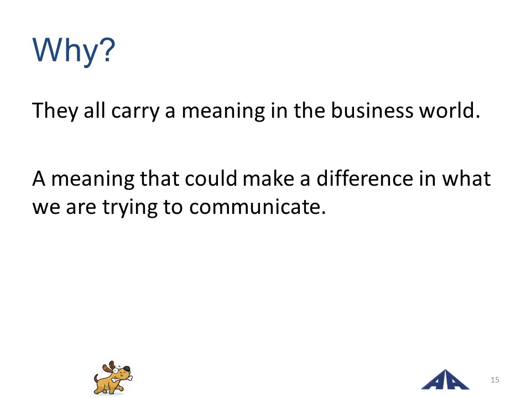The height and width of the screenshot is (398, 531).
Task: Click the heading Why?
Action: pyautogui.click(x=74, y=50)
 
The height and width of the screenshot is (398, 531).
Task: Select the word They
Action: pyautogui.click(x=55, y=111)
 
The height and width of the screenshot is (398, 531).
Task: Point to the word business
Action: pyautogui.click(x=372, y=111)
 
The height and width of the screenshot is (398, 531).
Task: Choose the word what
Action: pyautogui.click(x=467, y=178)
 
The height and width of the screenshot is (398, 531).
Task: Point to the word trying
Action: pyautogui.click(x=130, y=207)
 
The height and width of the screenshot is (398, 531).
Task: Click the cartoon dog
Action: pyautogui.click(x=113, y=378)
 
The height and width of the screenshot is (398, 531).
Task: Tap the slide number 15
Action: pyautogui.click(x=494, y=380)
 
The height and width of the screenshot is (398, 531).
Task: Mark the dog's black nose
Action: pyautogui.click(x=126, y=369)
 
